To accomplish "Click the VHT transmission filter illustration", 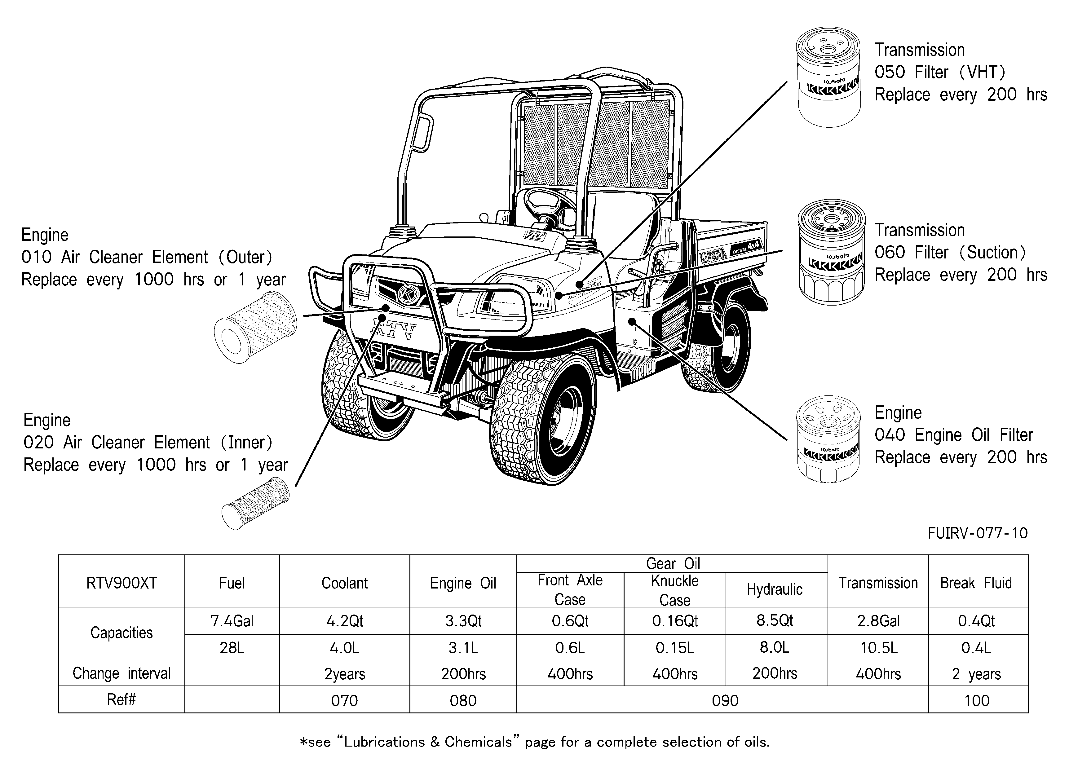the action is pos(828,77).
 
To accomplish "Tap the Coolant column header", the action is pos(345,583).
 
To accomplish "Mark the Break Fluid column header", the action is pos(976,583).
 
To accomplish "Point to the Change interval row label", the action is pos(121,673).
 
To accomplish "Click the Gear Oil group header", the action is pos(673,563).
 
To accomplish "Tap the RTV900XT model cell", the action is pos(121,583).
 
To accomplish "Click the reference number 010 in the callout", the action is pos(36,257).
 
